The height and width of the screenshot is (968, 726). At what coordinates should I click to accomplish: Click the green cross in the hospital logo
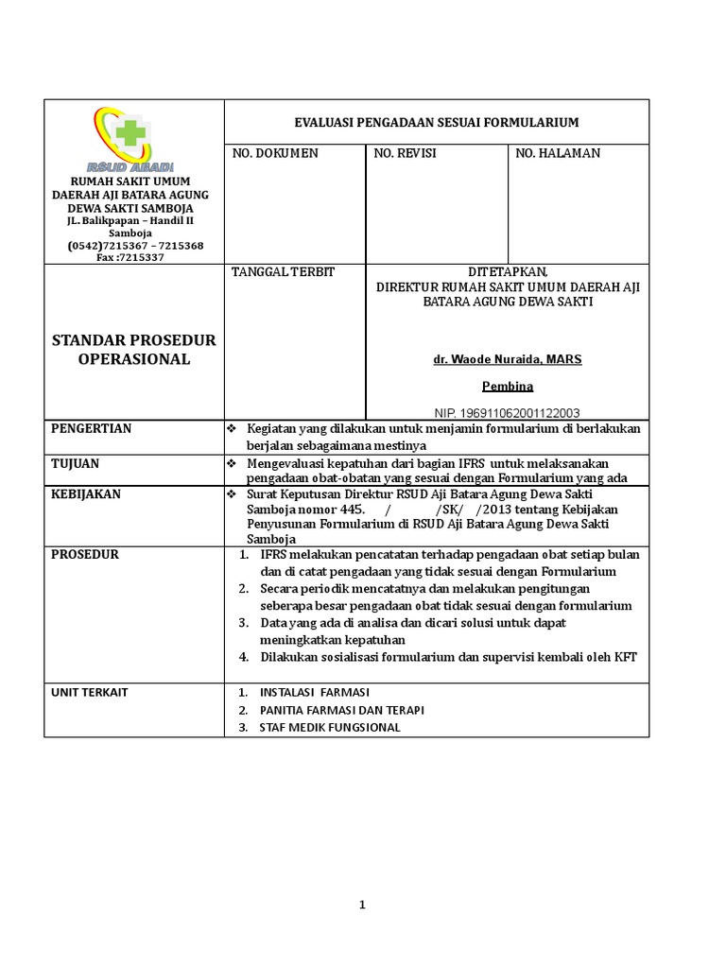click(x=131, y=130)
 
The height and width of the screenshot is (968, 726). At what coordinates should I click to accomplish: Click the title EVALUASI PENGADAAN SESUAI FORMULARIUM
click(x=436, y=123)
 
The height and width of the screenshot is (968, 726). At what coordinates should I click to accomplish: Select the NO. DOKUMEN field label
click(x=275, y=153)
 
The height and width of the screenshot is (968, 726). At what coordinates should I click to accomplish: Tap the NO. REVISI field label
click(x=406, y=153)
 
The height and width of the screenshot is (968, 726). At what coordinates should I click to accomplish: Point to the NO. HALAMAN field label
click(x=557, y=153)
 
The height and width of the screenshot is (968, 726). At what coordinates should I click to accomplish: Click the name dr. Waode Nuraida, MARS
click(x=508, y=360)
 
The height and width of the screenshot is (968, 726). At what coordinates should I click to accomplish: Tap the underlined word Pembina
click(x=508, y=387)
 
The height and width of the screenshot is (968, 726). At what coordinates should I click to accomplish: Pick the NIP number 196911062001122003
click(x=508, y=413)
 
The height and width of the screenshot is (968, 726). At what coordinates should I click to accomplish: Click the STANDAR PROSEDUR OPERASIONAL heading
click(x=133, y=350)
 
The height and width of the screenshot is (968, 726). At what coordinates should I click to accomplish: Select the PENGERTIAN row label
click(x=92, y=429)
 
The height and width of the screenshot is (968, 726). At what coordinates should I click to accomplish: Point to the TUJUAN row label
click(x=75, y=464)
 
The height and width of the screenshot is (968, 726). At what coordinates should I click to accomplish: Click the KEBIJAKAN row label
click(x=86, y=494)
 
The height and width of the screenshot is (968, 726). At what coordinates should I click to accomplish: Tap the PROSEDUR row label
click(x=84, y=555)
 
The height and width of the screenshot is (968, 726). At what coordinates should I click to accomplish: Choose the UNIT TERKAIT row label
click(x=90, y=692)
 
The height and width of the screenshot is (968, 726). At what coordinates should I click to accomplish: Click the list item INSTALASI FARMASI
click(x=316, y=692)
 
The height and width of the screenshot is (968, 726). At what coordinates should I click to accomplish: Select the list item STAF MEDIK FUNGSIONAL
click(x=330, y=727)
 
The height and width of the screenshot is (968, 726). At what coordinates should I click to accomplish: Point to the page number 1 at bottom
click(x=362, y=906)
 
